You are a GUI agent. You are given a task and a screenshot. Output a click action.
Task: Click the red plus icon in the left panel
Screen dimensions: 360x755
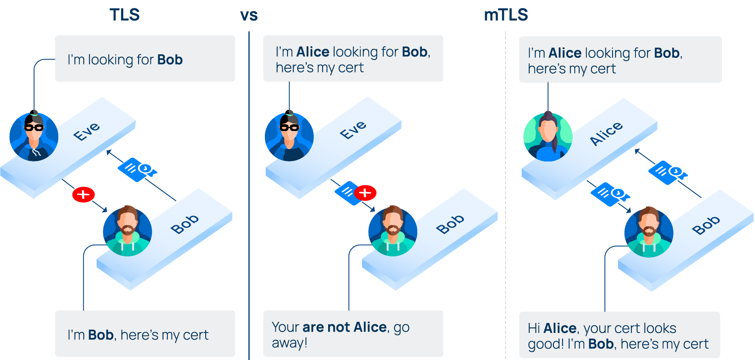(83, 194)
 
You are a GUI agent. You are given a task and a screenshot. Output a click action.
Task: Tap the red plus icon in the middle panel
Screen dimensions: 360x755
(365, 193)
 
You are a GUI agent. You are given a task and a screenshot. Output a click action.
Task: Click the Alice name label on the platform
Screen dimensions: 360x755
(606, 133)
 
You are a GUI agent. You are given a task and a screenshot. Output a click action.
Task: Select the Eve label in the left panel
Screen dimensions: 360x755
(87, 132)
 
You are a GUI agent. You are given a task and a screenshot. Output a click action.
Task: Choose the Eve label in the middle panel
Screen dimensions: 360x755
(353, 130)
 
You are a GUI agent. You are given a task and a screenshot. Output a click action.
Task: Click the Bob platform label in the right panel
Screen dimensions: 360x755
(705, 225)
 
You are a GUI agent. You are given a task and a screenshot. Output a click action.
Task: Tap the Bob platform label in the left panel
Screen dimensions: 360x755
(184, 224)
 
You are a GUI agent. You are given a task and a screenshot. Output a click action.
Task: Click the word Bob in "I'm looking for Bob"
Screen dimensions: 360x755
(170, 60)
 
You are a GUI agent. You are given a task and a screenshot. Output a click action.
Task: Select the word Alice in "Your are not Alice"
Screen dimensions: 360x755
(370, 328)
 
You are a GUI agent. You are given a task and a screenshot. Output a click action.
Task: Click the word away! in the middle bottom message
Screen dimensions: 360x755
(289, 343)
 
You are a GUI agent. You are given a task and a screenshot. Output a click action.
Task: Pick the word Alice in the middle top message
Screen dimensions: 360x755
(313, 52)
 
